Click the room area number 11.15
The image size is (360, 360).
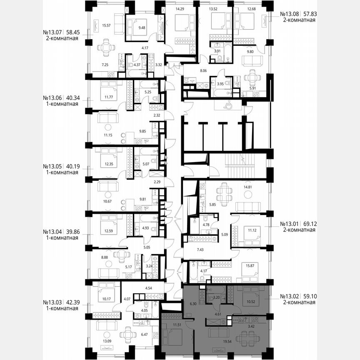pyautogui.click(x=102, y=135)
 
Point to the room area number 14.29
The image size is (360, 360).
pyautogui.click(x=180, y=8)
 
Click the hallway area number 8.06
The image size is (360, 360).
pyautogui.click(x=203, y=71)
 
